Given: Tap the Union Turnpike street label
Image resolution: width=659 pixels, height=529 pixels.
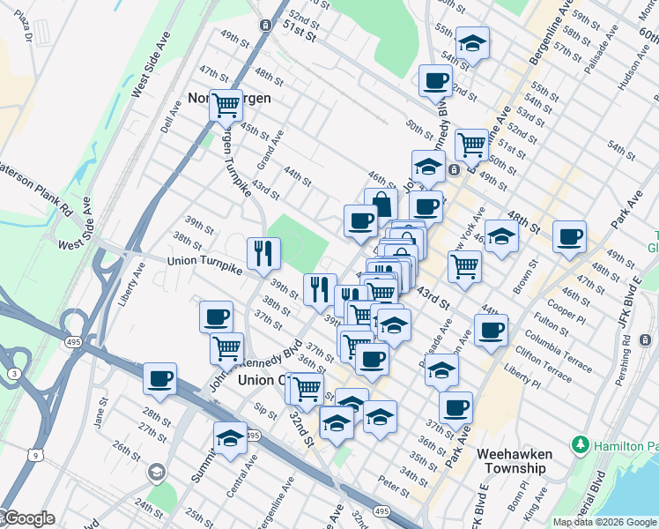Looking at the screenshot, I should coord(205,263).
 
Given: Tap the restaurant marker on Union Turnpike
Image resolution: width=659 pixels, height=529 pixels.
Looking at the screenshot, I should coord(263,254).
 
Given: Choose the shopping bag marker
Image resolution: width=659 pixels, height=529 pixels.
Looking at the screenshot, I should coord(381,204).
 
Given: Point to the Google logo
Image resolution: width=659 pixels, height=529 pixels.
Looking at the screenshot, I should coord(28,518).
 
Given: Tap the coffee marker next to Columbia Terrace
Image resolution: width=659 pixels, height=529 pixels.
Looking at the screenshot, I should coord(491,330).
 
